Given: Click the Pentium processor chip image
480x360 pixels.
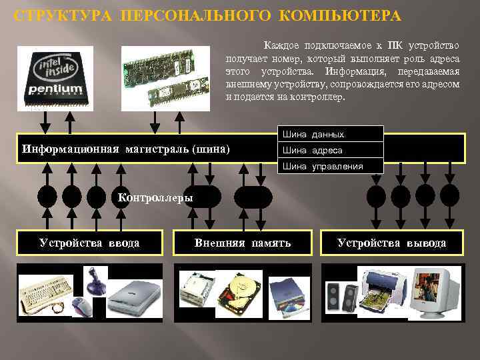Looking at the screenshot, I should click(x=55, y=77).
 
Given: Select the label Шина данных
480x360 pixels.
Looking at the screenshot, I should click(x=313, y=135).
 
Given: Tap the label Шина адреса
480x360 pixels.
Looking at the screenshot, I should click(x=313, y=151).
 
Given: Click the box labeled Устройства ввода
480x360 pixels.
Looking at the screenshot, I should click(x=89, y=243).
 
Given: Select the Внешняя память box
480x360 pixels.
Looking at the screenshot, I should click(x=243, y=243).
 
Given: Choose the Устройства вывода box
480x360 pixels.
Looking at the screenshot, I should click(x=391, y=243).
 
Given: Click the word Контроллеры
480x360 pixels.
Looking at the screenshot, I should click(x=155, y=197).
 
